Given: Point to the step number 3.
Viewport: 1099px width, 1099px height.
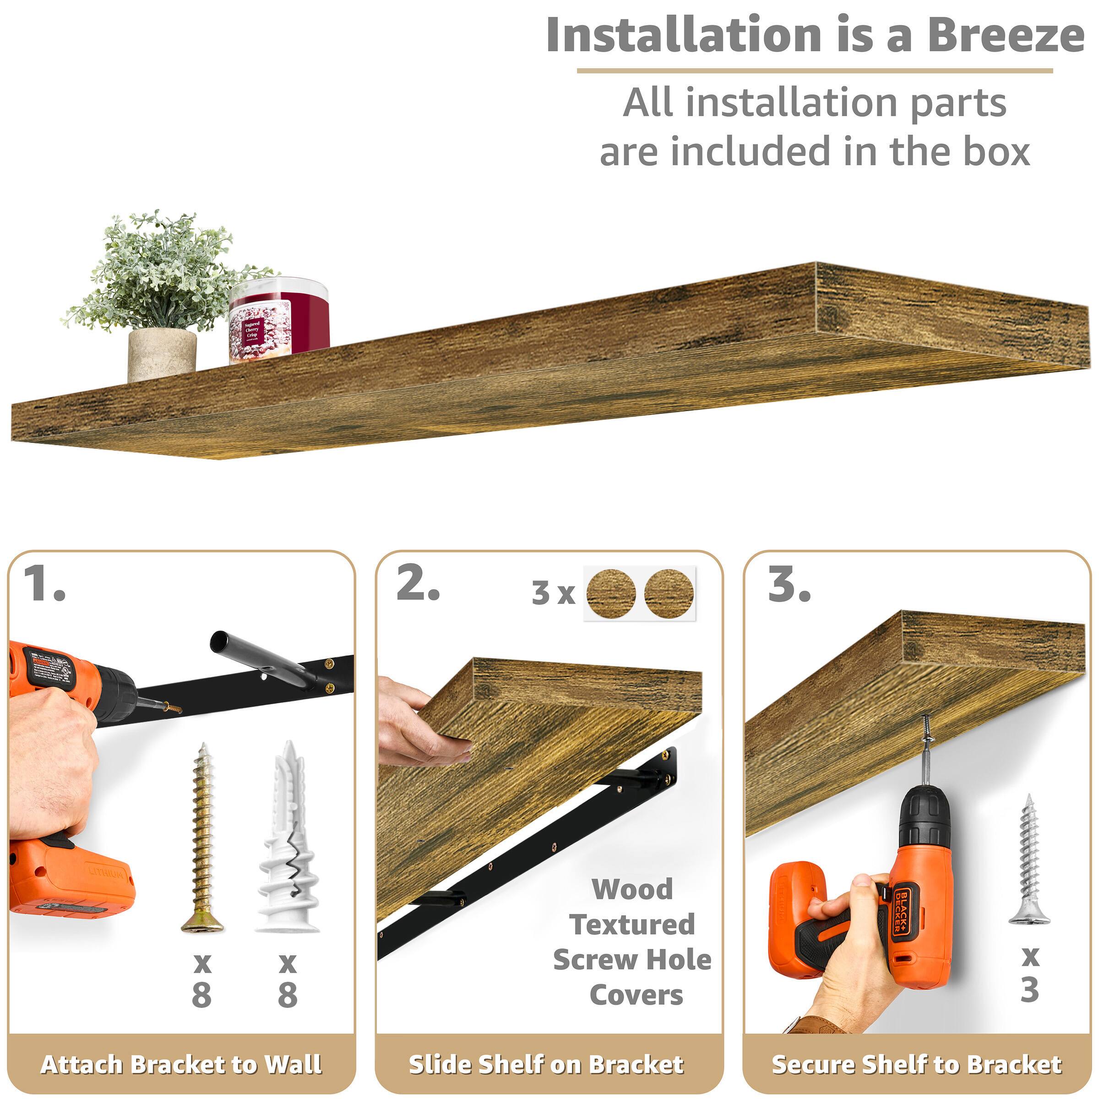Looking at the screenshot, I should pos(789,584).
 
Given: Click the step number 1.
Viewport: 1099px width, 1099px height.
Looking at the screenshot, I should pos(44,584).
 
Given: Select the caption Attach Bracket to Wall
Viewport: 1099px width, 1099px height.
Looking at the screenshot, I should pos(181,1064).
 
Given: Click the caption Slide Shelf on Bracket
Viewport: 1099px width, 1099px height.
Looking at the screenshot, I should pos(546,1064).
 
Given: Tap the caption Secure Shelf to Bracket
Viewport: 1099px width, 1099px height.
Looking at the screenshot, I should pos(916,1064).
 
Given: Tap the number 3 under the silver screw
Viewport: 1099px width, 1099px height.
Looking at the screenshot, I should pos(1029,989).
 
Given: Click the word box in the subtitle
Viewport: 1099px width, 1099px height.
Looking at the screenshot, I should pos(996,152).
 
